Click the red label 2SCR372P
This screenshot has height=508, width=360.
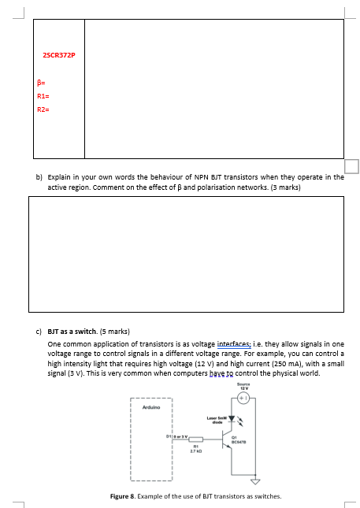click(59, 54)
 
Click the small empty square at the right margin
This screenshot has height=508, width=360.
click(351, 165)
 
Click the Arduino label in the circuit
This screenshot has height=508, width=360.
click(151, 407)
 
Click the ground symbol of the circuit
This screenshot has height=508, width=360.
click(254, 482)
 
